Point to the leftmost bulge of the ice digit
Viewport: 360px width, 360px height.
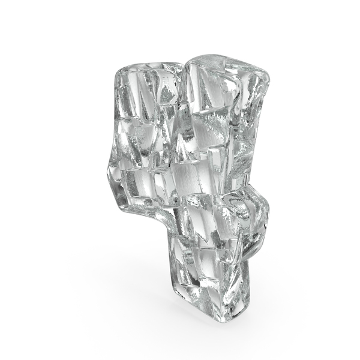point(109,170)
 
